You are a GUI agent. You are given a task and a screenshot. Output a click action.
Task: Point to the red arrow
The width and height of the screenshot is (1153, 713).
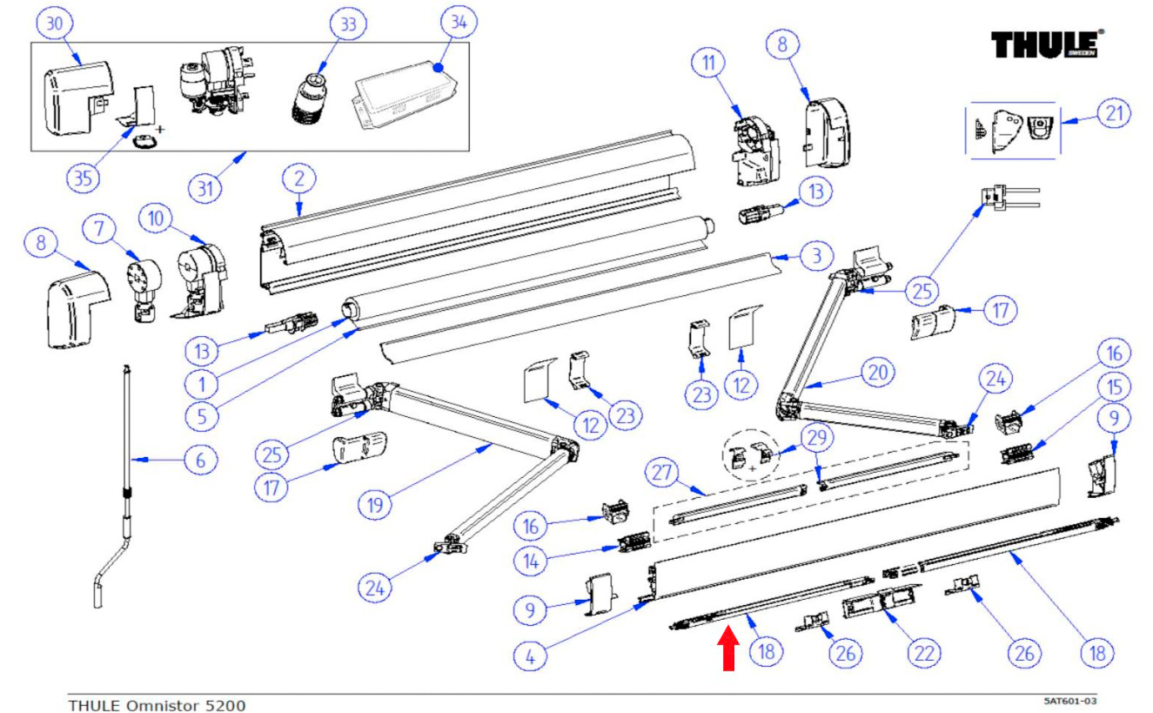[x=729, y=650]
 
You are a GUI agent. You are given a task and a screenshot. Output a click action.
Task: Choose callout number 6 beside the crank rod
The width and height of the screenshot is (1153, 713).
[x=201, y=460]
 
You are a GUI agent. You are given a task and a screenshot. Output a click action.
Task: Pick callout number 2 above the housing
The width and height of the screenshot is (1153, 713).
[x=298, y=179]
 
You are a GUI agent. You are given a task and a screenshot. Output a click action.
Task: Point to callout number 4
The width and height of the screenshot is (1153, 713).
[x=532, y=655]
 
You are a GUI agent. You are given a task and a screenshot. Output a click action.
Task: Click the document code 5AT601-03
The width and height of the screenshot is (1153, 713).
[x=1076, y=700]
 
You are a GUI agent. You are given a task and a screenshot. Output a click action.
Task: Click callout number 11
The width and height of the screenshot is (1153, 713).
[x=708, y=63]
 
